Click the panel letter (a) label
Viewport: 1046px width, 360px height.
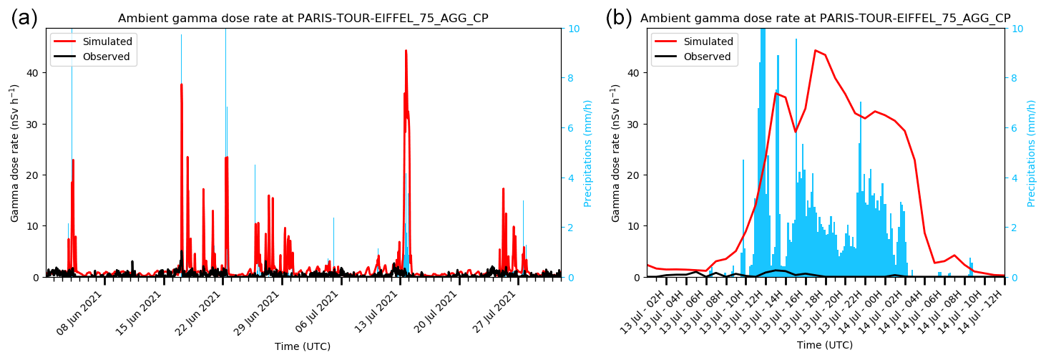pyautogui.click(x=24, y=18)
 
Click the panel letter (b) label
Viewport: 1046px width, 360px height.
pyautogui.click(x=619, y=18)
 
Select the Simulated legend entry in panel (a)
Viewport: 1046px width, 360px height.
pyautogui.click(x=110, y=42)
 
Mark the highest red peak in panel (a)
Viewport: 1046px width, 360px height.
pyautogui.click(x=406, y=51)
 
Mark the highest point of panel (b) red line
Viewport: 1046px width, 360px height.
pyautogui.click(x=815, y=50)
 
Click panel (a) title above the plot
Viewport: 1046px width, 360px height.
pyautogui.click(x=303, y=19)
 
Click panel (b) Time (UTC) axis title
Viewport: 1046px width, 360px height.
pyautogui.click(x=825, y=346)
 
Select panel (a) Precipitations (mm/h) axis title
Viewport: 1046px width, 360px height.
pyautogui.click(x=588, y=153)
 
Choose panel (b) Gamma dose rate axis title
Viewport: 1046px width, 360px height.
pyautogui.click(x=616, y=153)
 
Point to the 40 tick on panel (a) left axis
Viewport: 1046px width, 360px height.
pyautogui.click(x=34, y=73)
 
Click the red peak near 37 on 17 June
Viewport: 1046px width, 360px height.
pyautogui.click(x=181, y=84)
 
